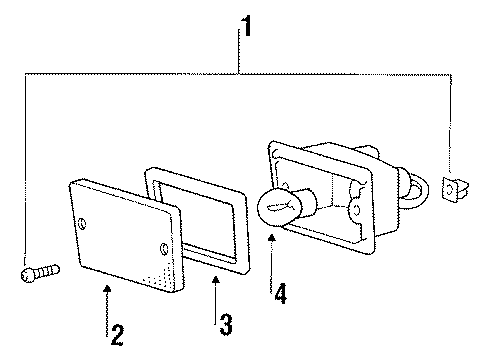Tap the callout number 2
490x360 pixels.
[x=117, y=333]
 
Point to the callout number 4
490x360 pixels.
[x=282, y=294]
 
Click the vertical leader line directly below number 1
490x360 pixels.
[x=240, y=50]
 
